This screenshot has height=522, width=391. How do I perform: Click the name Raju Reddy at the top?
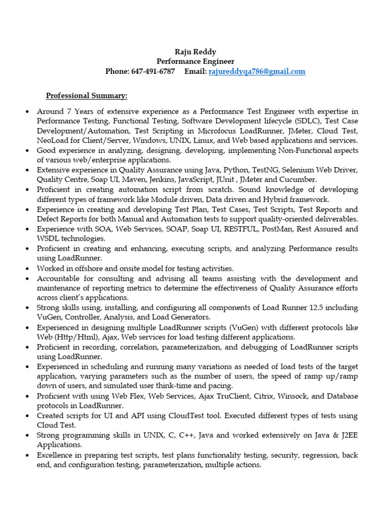pos(195,51)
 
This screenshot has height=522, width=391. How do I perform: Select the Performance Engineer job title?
pos(195,62)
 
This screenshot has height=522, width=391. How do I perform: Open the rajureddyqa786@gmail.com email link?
pos(257,72)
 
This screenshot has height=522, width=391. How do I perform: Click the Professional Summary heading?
pos(87,96)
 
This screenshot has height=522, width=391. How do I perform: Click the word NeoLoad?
pos(51,141)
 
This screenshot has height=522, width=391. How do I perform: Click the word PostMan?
pos(277,229)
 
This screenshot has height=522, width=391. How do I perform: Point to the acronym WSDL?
pos(48,239)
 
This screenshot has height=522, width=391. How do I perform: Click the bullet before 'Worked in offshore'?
pos(26,269)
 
